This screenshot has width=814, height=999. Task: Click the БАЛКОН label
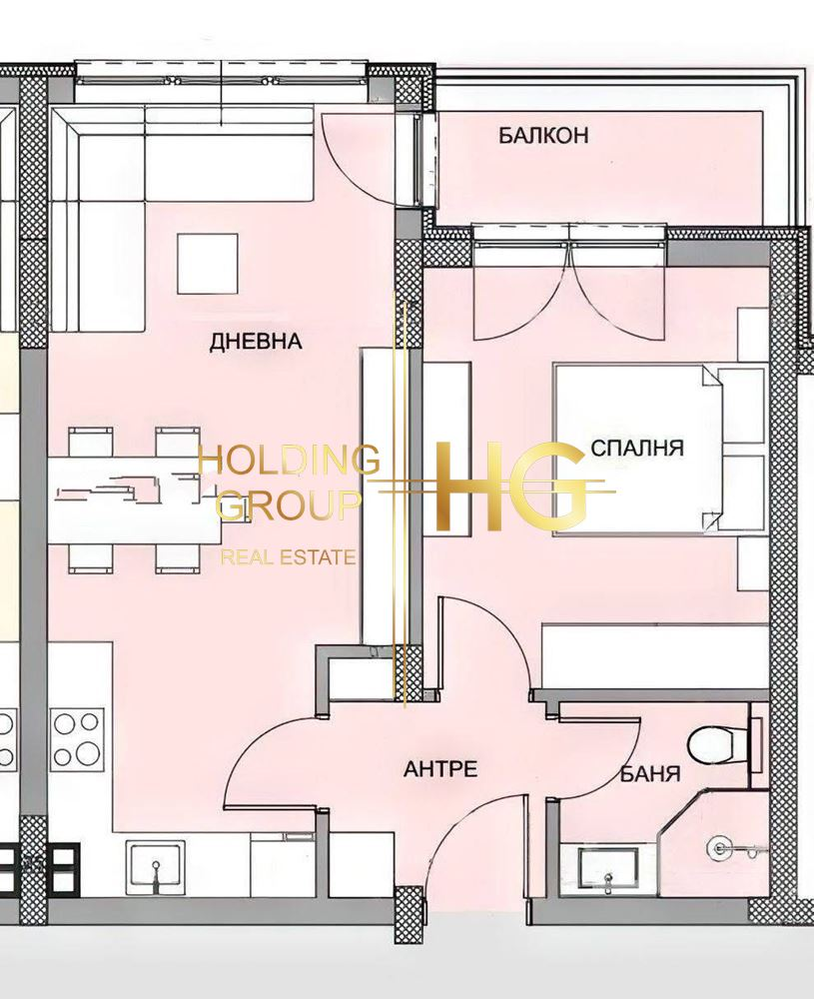point(542,136)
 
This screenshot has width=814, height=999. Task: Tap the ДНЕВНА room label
point(256,342)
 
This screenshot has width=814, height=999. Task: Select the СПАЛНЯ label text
point(637,448)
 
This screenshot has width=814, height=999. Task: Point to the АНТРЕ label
point(440,769)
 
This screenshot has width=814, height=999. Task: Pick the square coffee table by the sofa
point(208,263)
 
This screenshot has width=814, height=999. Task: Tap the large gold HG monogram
point(509,488)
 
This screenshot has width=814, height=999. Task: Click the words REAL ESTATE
point(288,558)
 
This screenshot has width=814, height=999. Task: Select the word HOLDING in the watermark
point(290,460)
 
